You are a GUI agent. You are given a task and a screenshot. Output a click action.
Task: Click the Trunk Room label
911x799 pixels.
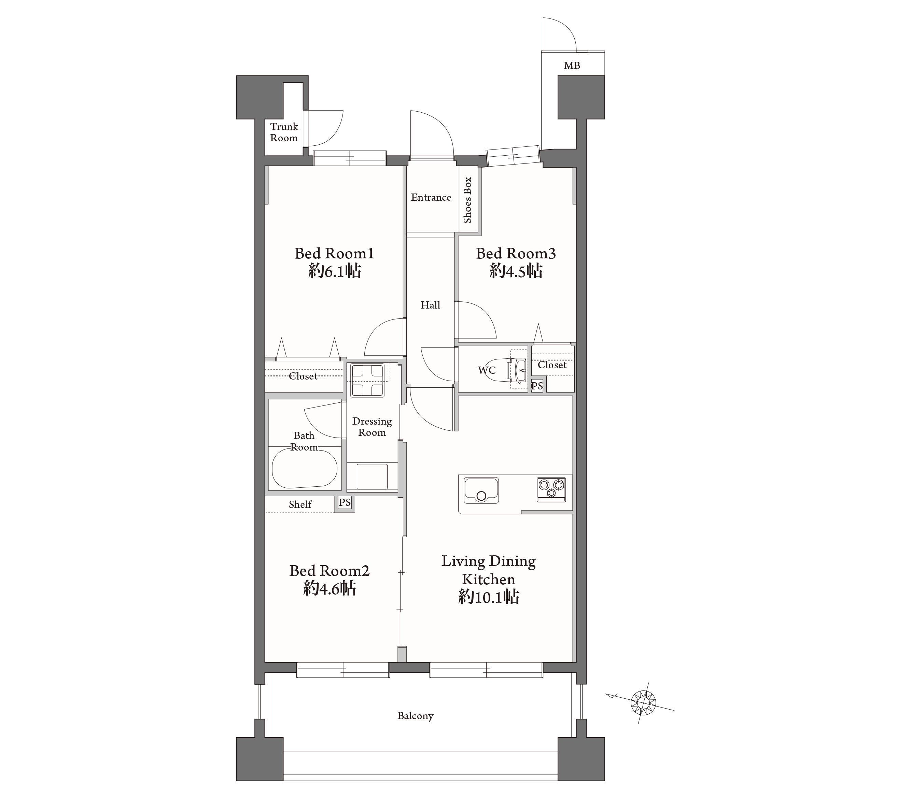(284, 132)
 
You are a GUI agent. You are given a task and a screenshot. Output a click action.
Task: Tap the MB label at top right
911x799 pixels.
(572, 66)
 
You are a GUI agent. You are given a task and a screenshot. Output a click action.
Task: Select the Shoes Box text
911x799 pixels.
(467, 200)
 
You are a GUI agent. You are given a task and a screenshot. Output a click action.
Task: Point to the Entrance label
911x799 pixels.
(431, 197)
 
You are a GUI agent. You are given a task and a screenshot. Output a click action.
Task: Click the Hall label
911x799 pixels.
(431, 305)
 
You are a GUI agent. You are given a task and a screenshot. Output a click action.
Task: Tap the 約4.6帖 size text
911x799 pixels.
(330, 589)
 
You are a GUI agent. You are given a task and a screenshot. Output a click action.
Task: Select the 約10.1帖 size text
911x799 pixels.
(489, 596)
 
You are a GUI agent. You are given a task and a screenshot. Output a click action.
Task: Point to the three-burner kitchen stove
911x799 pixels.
(551, 490)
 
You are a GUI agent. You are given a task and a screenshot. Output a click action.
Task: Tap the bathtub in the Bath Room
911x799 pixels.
(305, 468)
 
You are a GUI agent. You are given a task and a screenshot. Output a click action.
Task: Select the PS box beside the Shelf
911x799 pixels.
(345, 503)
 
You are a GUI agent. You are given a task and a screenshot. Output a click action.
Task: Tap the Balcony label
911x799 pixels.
(416, 716)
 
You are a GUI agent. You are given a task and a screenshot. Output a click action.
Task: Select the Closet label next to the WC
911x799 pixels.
(552, 365)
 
